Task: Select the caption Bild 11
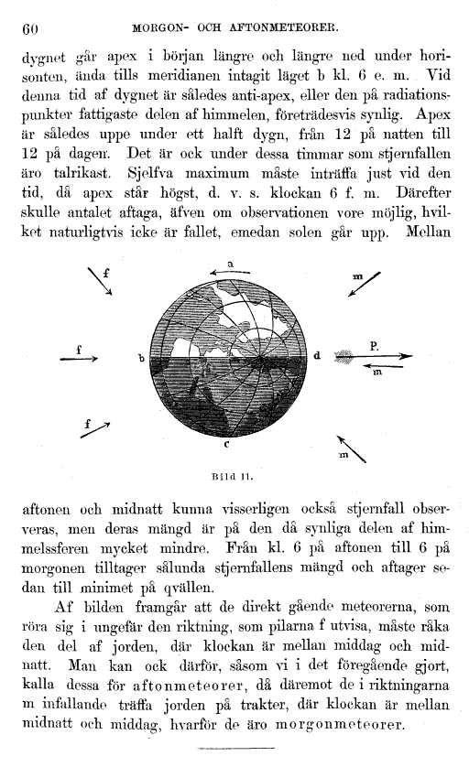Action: (x=234, y=476)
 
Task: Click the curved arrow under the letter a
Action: (x=227, y=273)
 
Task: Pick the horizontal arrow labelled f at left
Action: (x=81, y=360)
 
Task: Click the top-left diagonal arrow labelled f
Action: (x=100, y=283)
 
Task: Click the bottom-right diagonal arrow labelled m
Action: (x=356, y=444)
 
